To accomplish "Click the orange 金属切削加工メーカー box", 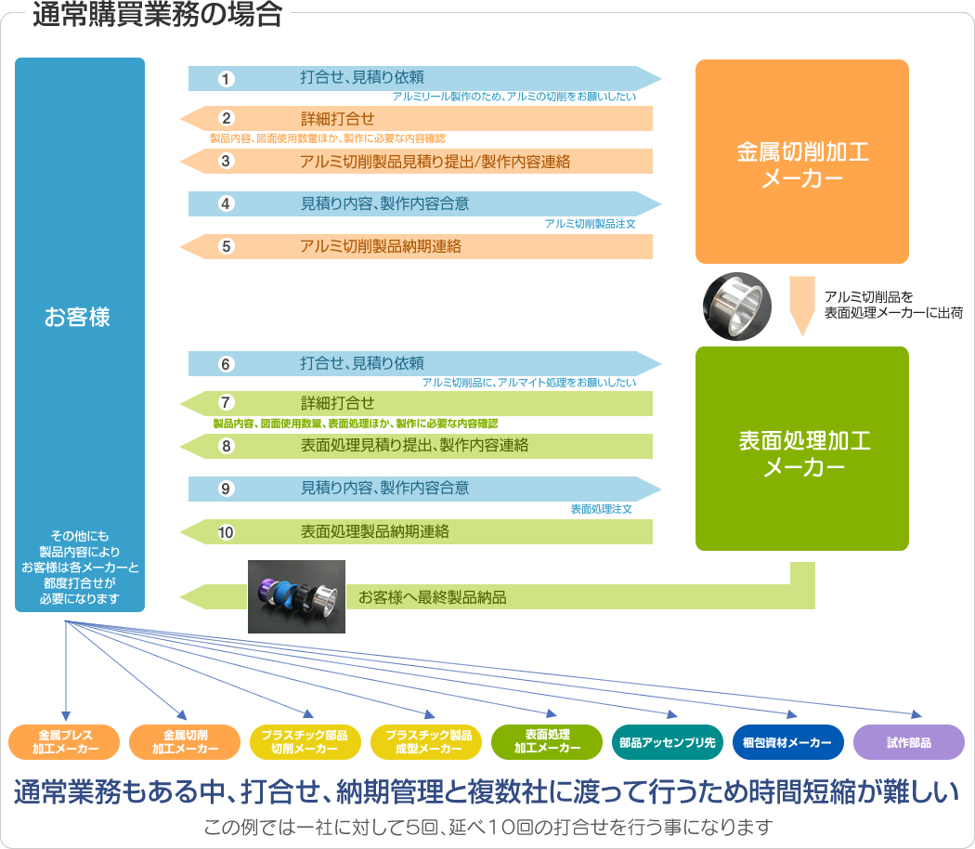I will pos(802,163).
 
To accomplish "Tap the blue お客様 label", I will pos(78,317).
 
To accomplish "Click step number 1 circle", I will pos(227,79).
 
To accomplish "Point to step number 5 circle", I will pos(227,246).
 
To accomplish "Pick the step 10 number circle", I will pos(227,532).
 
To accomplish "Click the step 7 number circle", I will pos(227,403).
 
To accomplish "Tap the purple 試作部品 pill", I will pos(908,742).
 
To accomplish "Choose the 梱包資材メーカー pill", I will pos(788,742).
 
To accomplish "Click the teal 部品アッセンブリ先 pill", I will pos(667,742).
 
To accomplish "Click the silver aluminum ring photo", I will pos(737,306).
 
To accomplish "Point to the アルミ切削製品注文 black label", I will pos(590,224).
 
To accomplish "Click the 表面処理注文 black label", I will pos(601,509).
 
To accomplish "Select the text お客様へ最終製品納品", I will pos(433,597).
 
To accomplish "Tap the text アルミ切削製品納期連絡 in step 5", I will pos(381,246).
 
